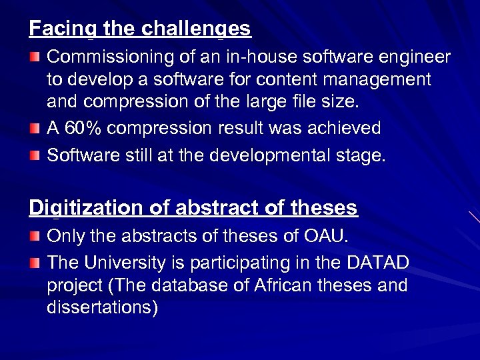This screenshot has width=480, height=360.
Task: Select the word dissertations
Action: pos(103,309)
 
